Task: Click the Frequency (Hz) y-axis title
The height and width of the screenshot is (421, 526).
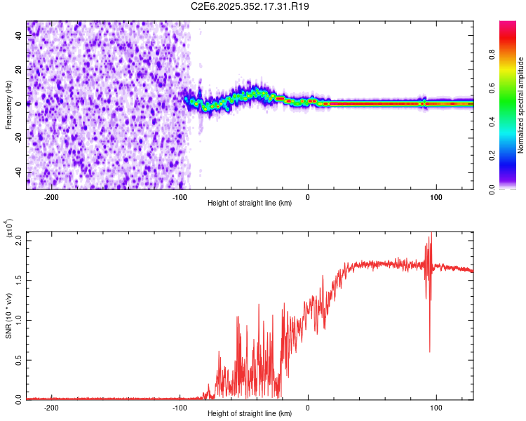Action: coord(9,105)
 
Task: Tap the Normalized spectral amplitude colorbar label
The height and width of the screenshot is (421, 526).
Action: coord(521,105)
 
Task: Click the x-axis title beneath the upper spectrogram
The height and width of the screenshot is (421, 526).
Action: coord(250,203)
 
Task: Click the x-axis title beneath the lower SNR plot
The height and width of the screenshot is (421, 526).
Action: coord(250,413)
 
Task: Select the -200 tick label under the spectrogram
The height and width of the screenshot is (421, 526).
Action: coord(51,196)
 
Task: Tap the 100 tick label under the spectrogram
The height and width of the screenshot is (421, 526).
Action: coord(436,196)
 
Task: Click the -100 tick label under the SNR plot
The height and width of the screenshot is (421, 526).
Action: coord(180,407)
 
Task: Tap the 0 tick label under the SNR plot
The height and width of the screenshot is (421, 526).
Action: coord(308,407)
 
